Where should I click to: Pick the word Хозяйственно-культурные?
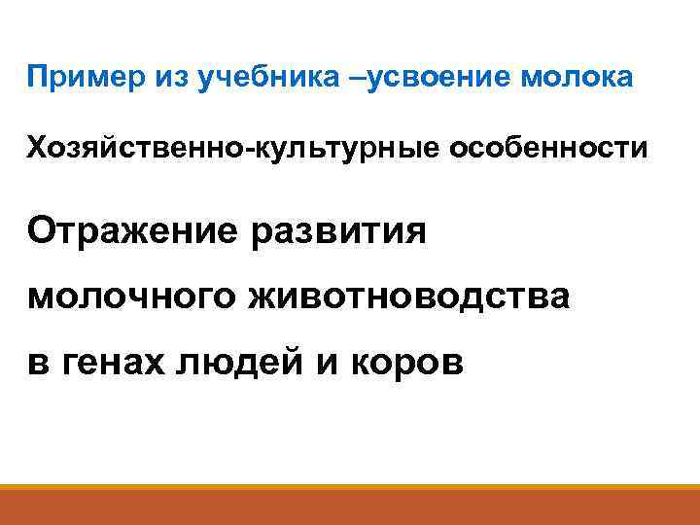228,149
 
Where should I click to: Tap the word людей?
253,362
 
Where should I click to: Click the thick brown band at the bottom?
350,508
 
